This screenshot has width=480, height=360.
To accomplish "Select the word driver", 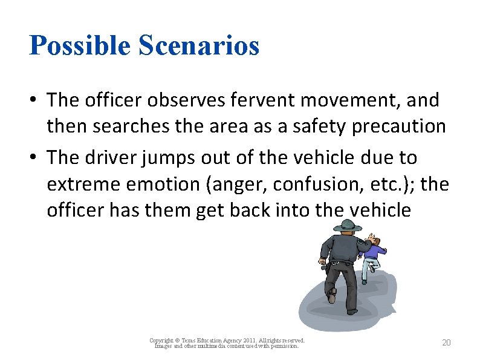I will (106, 157).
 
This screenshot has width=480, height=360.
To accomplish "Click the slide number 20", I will (446, 343).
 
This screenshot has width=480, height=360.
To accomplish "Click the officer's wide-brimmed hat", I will (349, 226).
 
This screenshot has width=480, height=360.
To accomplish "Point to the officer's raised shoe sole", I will (332, 296).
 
